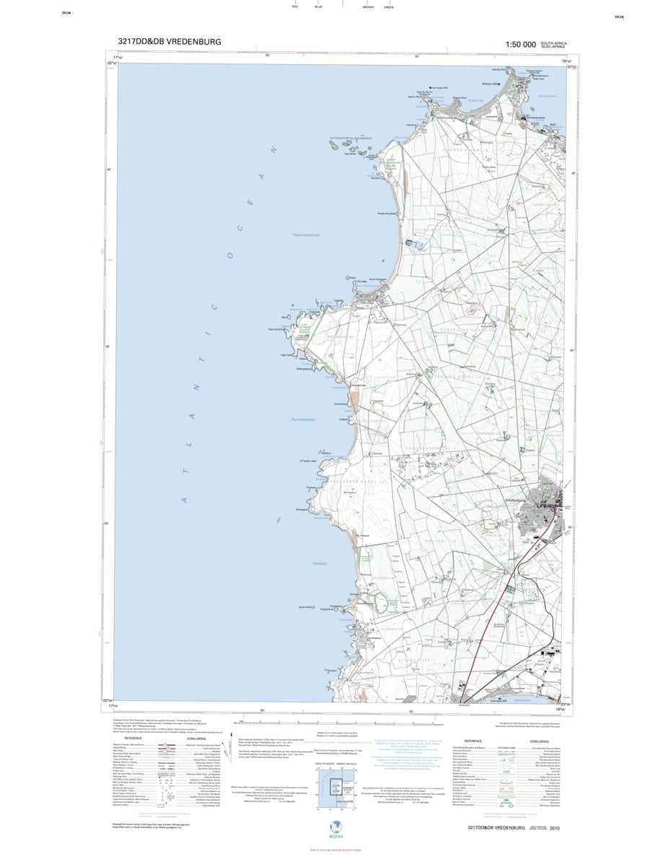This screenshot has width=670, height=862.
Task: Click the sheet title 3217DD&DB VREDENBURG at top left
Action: pos(169,43)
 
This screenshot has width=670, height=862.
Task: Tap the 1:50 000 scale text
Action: pos(521,45)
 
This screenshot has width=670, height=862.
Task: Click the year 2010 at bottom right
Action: pos(553,827)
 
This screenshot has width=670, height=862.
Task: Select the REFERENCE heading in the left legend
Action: pos(133,739)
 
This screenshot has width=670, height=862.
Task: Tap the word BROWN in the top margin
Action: pos(368,6)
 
